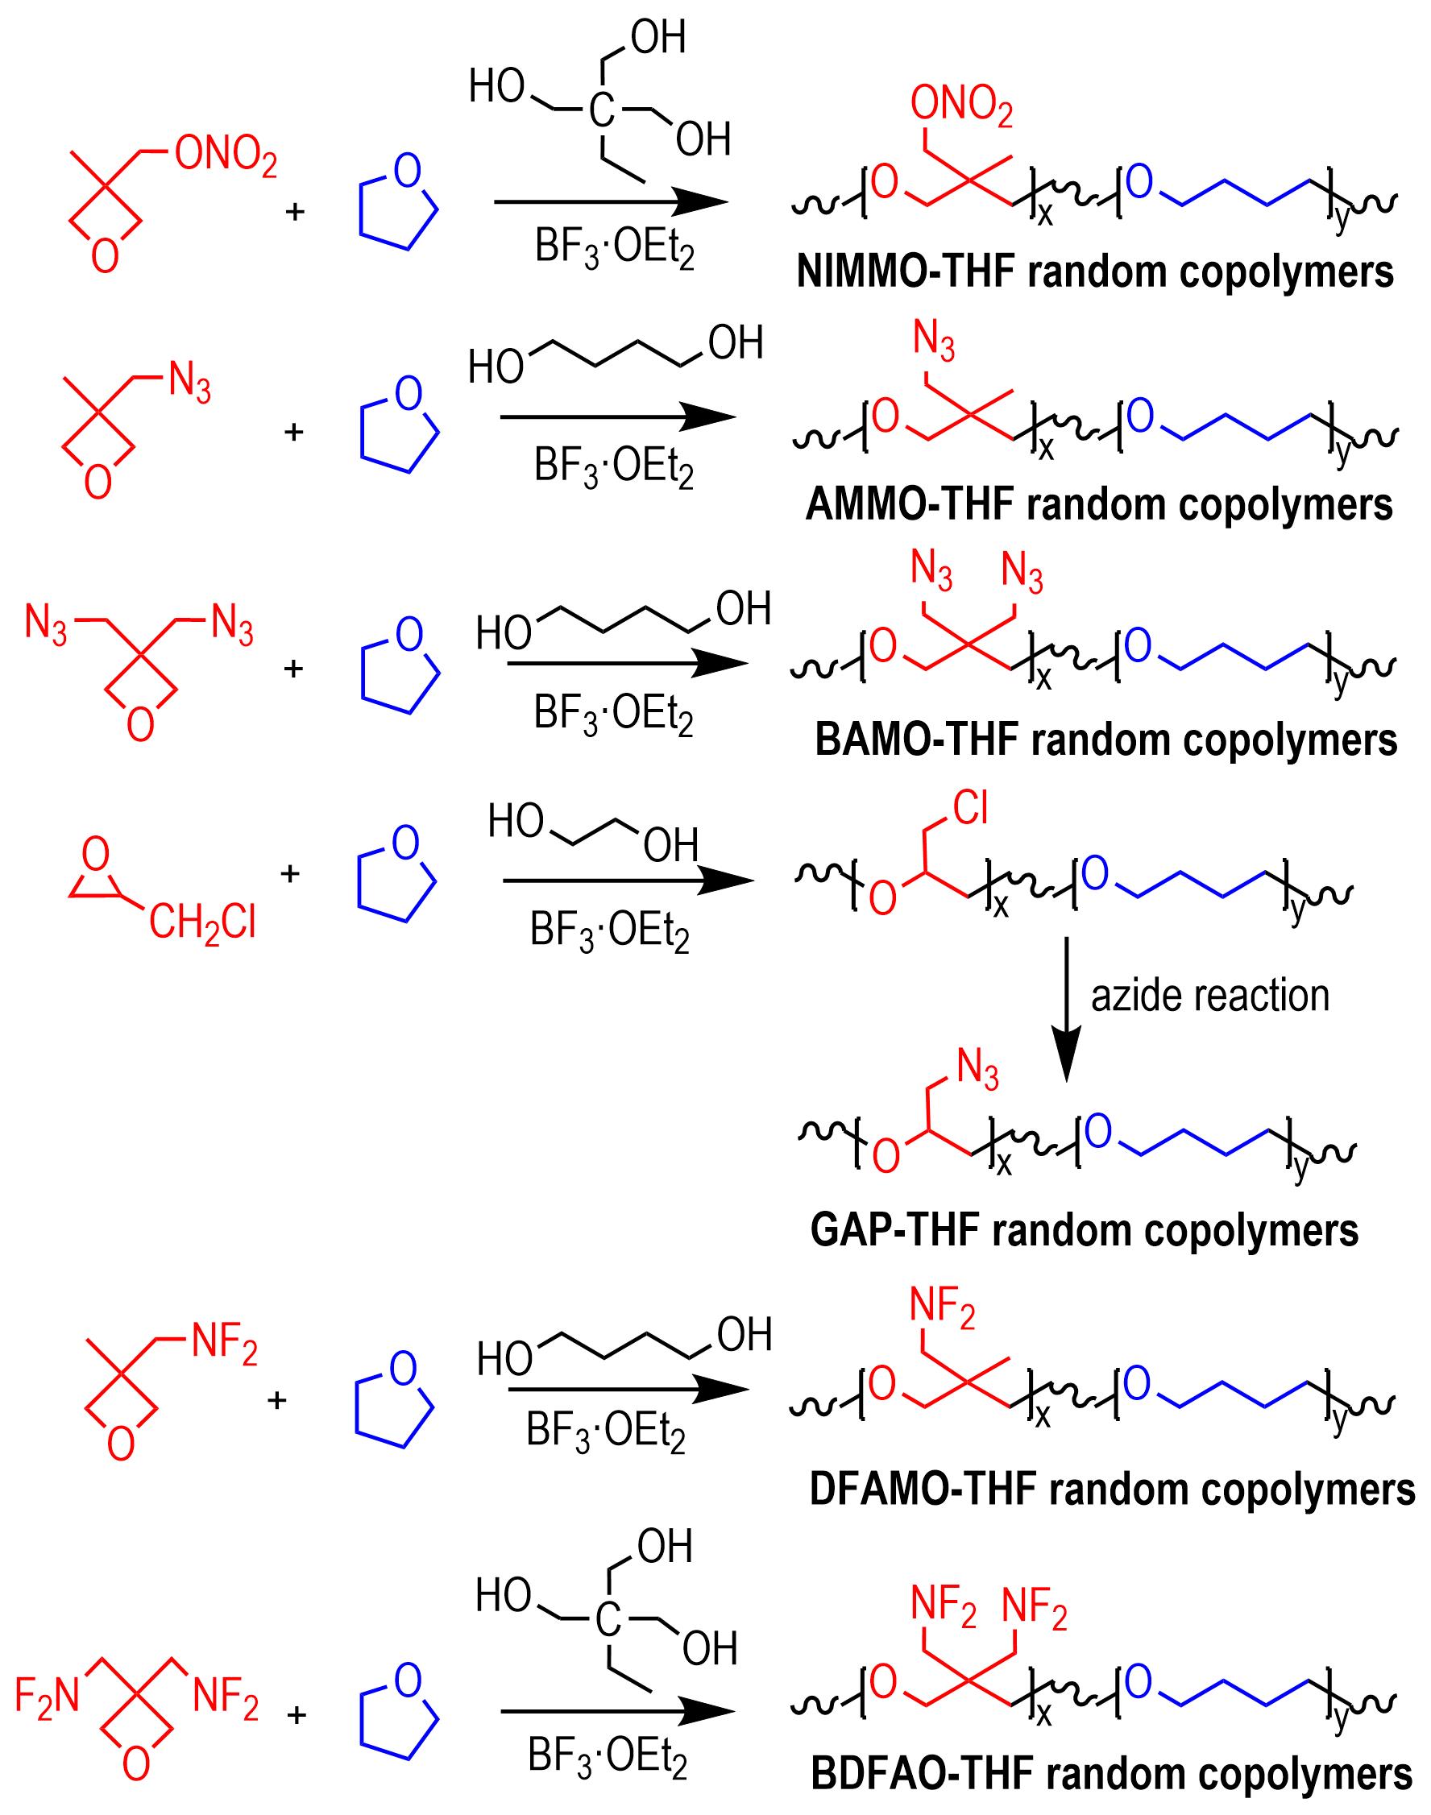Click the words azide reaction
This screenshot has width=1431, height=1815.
pyautogui.click(x=1209, y=996)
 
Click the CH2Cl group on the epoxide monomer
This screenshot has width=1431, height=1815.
pyautogui.click(x=203, y=924)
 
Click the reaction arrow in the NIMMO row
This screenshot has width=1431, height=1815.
pyautogui.click(x=611, y=202)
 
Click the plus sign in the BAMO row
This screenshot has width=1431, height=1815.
pyautogui.click(x=293, y=669)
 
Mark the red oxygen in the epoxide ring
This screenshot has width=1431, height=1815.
pyautogui.click(x=97, y=853)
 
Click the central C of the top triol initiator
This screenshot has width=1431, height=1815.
pyautogui.click(x=602, y=110)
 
